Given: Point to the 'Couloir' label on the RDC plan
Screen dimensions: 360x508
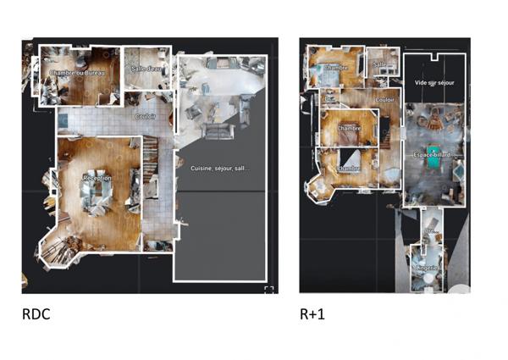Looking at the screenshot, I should [146, 116].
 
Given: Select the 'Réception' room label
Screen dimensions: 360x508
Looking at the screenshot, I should [97, 179].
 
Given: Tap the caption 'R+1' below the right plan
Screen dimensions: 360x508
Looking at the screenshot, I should [312, 314].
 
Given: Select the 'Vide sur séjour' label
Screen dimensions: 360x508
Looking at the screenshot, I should [434, 83].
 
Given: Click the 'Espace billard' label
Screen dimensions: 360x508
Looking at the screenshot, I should [436, 156].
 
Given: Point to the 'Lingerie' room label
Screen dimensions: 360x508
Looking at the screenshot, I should [427, 268].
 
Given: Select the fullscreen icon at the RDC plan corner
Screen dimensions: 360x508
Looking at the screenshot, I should [268, 291].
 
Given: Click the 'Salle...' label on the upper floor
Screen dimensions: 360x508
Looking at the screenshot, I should [380, 64].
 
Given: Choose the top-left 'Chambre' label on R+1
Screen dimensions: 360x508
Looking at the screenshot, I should [334, 68].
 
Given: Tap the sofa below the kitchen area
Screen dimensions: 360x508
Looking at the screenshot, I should [218, 131].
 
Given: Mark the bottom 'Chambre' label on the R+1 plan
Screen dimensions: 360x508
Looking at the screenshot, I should [349, 169].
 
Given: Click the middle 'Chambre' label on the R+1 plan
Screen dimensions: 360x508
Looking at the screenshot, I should [349, 128].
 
